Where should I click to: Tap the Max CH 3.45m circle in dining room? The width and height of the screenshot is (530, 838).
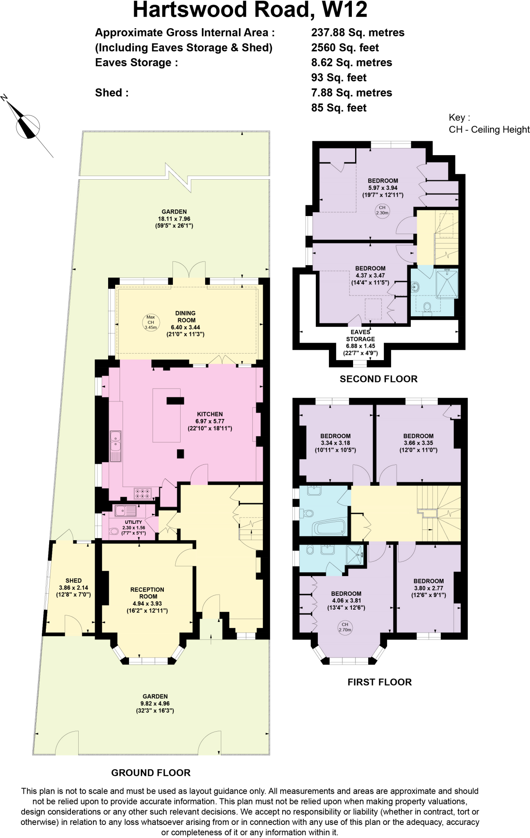(151, 322)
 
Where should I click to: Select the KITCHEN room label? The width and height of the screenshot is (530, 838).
(210, 414)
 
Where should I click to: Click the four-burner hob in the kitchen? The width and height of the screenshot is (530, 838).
(143, 494)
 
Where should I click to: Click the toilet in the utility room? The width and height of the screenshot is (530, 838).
(114, 532)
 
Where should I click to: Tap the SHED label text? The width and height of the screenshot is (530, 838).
(73, 581)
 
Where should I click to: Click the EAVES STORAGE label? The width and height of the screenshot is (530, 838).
(360, 336)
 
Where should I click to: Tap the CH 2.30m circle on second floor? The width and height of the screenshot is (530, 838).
(382, 210)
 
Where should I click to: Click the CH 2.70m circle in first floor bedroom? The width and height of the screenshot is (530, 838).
(345, 627)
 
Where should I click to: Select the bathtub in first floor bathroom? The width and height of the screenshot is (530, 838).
(330, 528)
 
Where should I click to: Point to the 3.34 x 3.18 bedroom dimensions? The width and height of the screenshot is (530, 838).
(335, 443)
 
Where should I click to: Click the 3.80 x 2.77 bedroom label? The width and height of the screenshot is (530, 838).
(428, 588)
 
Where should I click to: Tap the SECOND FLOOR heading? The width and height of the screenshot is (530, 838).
(378, 379)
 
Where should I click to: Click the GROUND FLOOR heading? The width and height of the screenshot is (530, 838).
(151, 773)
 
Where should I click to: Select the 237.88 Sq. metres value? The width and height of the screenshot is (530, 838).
(358, 32)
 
